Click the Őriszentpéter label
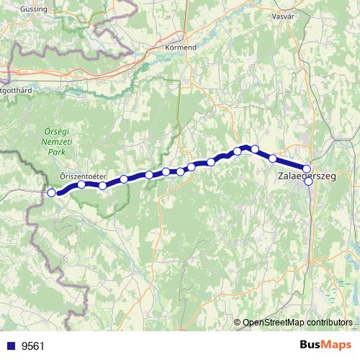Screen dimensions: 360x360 [x=83, y=176]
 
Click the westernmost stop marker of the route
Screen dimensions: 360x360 [x=51, y=193]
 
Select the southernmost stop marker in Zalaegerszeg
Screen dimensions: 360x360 [x=308, y=181]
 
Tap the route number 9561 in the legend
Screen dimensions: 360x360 [x=33, y=346]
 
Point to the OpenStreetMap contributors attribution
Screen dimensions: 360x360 [x=297, y=322]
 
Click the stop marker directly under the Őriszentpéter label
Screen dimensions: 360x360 [x=81, y=184]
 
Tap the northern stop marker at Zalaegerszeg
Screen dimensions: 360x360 [x=307, y=169]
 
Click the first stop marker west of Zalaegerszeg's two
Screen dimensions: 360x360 [x=273, y=158]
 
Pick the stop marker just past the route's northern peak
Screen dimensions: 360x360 [x=255, y=149]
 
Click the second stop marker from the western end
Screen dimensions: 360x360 [x=81, y=184]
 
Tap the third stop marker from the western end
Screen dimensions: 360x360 [x=102, y=186]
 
